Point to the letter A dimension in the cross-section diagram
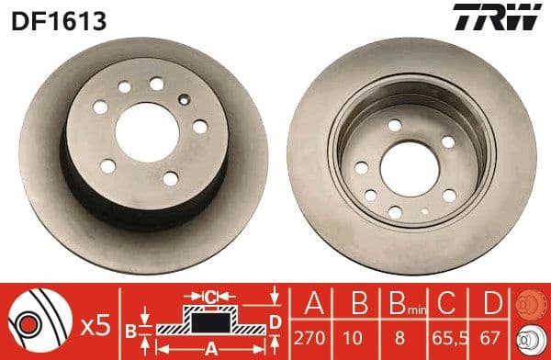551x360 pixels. point(211,347)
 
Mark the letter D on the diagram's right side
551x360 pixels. point(275,320)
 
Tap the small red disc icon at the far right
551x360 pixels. point(531,304)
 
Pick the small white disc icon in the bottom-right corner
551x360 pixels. point(531,339)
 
